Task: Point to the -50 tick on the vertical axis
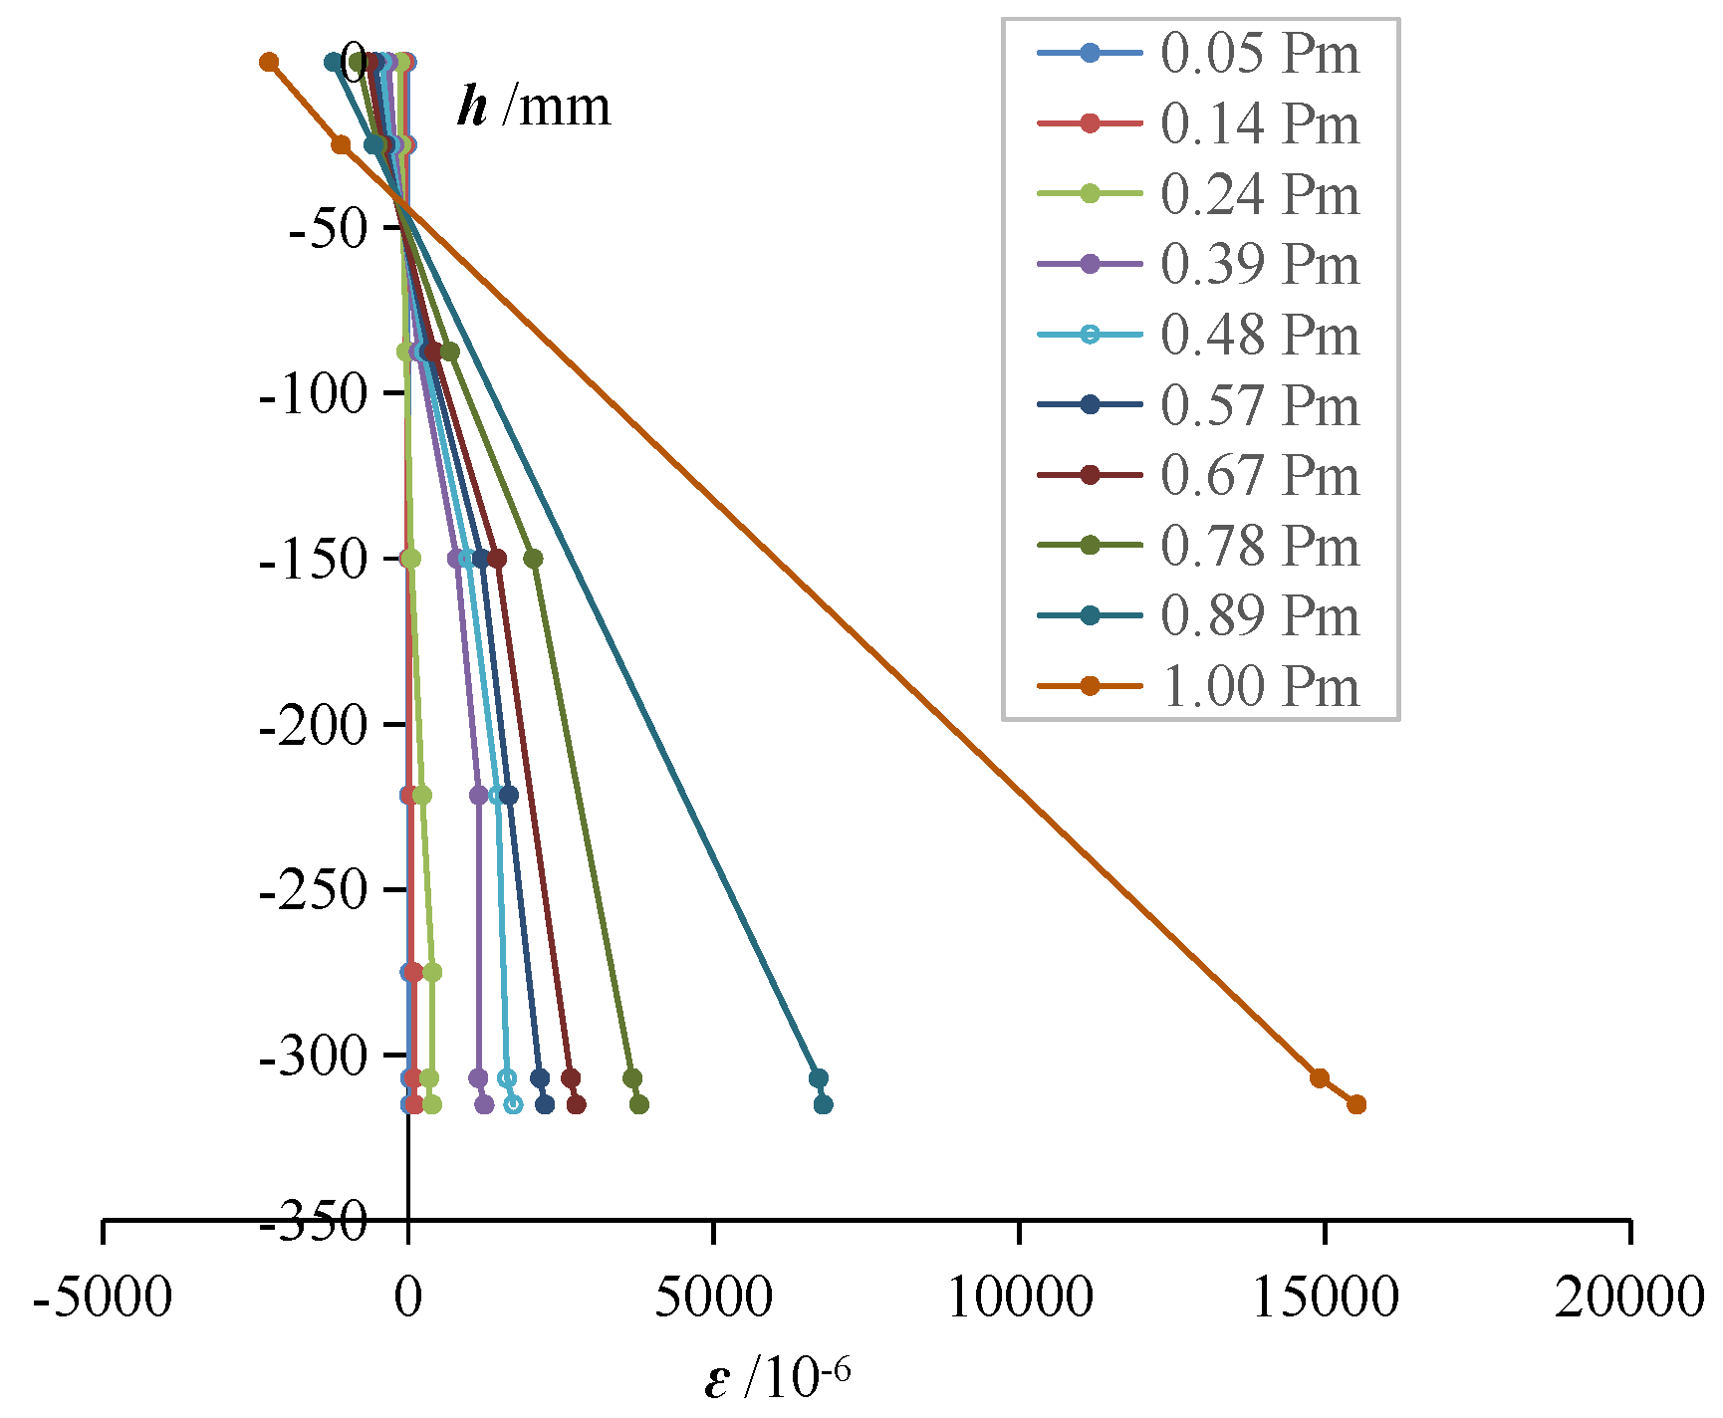pyautogui.click(x=330, y=229)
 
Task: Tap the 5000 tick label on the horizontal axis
pyautogui.click(x=713, y=1298)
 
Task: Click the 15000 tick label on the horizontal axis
pyautogui.click(x=1324, y=1298)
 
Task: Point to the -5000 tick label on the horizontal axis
pyautogui.click(x=103, y=1298)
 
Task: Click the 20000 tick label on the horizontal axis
pyautogui.click(x=1629, y=1298)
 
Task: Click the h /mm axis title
pyautogui.click(x=534, y=107)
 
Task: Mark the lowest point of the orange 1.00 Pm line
pyautogui.click(x=1356, y=1104)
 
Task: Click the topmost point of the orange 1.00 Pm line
pyautogui.click(x=268, y=63)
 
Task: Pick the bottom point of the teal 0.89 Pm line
pyautogui.click(x=823, y=1104)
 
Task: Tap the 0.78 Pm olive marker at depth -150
pyautogui.click(x=533, y=559)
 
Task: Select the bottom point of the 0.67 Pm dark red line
pyautogui.click(x=576, y=1104)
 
